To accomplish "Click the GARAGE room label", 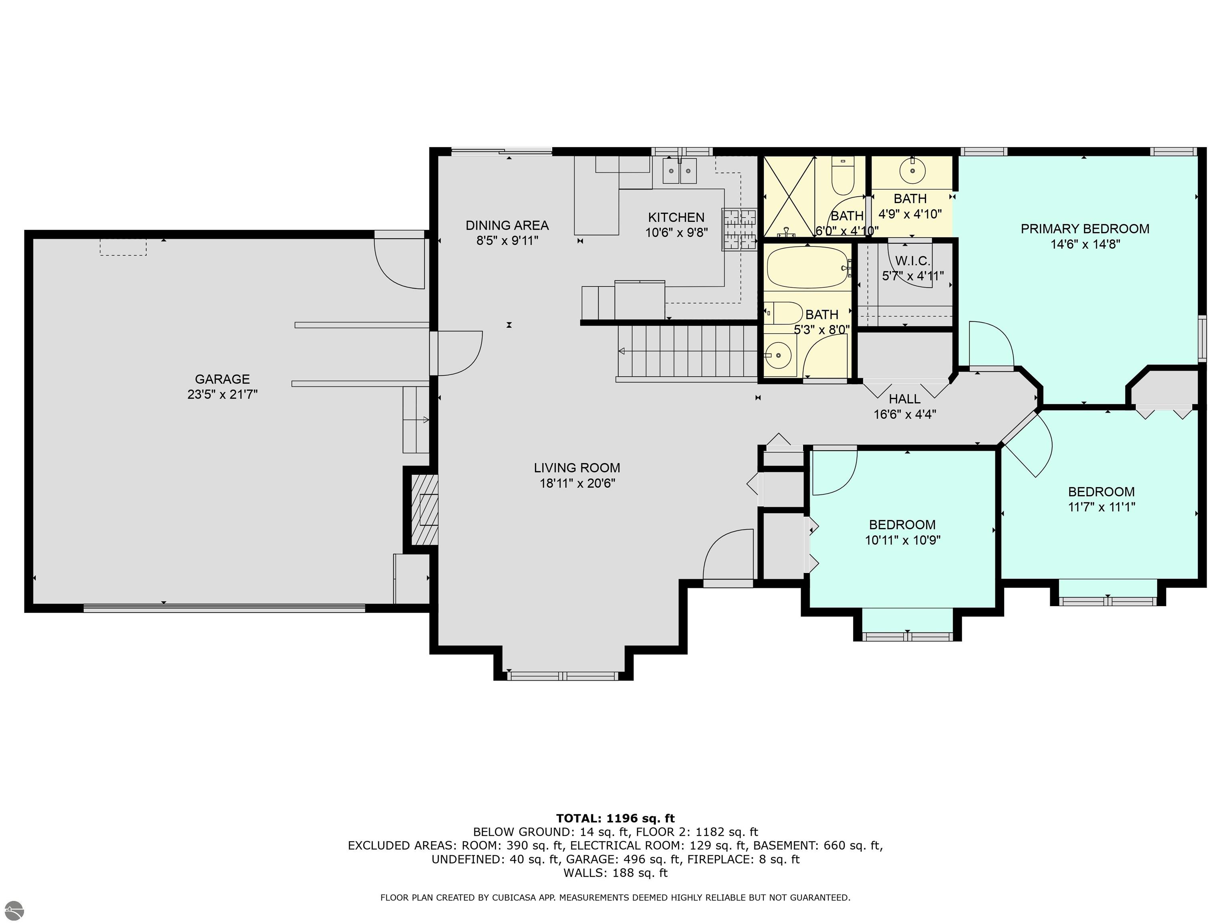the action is (x=222, y=379).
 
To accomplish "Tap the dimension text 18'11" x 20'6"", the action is (x=577, y=483).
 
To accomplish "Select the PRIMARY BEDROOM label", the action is (x=1085, y=229).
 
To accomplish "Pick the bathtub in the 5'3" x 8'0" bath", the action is (x=809, y=268).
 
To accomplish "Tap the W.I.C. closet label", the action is (x=912, y=261).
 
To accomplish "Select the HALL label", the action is (x=904, y=399).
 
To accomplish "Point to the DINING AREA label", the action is (x=507, y=225).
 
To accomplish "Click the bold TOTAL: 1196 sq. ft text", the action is (x=615, y=818).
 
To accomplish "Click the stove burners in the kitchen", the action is (x=740, y=229).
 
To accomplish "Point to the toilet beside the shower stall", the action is (x=843, y=175).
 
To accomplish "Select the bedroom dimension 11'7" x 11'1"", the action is (x=1101, y=507).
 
